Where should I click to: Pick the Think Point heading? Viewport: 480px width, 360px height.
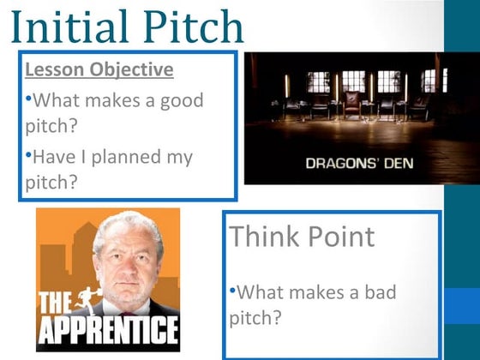tap(302, 237)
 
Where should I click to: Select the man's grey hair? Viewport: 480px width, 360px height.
tap(127, 225)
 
